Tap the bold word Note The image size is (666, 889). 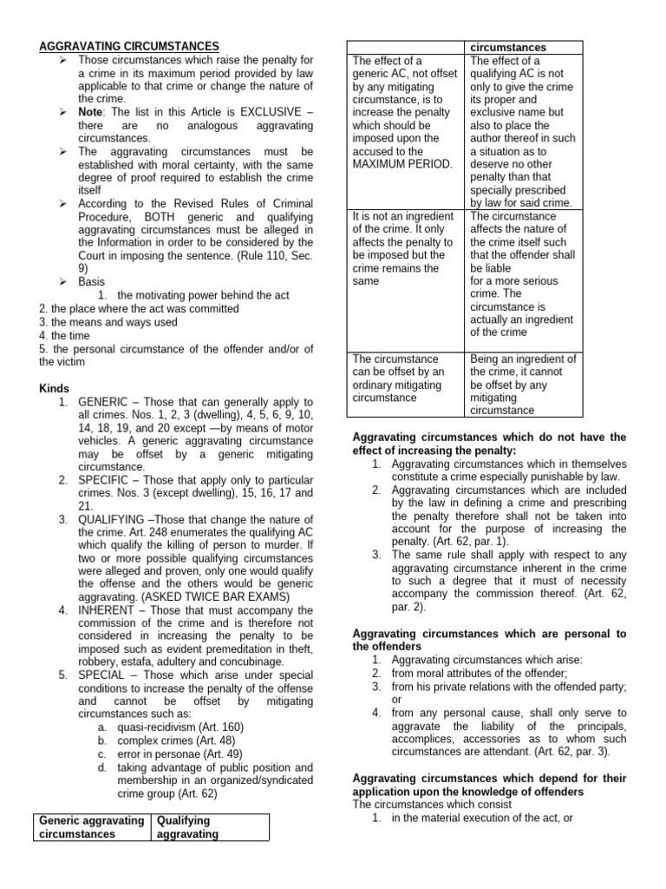93,113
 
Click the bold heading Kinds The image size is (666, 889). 54,388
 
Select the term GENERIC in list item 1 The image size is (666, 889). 103,402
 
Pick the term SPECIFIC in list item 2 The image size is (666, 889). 105,480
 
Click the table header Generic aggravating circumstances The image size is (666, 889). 91,826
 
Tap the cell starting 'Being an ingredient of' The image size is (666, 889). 523,385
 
